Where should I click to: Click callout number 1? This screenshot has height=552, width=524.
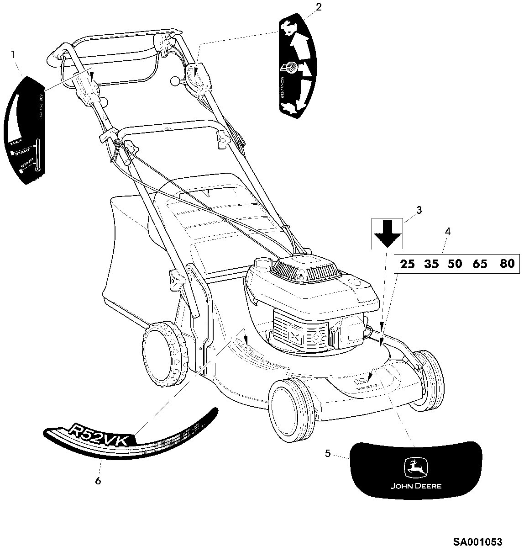[13, 54]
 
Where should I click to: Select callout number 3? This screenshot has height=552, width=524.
[419, 211]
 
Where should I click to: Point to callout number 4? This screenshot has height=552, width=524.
[448, 232]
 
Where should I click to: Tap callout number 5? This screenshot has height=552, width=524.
[328, 454]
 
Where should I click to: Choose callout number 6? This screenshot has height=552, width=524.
[98, 481]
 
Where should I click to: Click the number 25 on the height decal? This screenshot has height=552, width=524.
[407, 264]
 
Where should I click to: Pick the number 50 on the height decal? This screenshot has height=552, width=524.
[455, 264]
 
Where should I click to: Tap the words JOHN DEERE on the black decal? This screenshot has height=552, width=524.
[416, 486]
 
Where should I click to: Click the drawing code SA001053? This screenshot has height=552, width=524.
[477, 542]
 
